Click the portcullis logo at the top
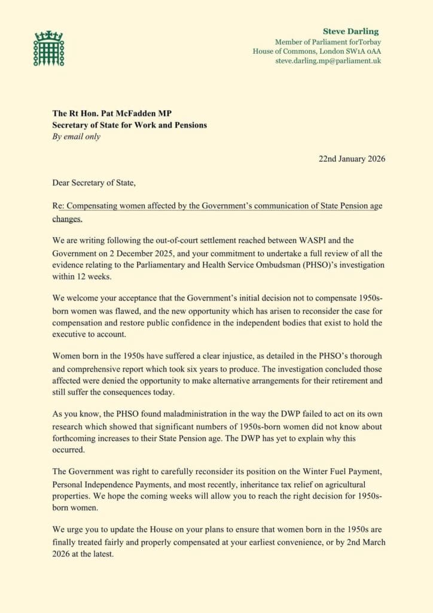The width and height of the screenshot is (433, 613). point(48,48)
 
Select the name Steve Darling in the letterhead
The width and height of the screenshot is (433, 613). point(350,31)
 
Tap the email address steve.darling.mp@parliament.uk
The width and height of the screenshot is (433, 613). point(328,60)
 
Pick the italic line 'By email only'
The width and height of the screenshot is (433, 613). point(77,136)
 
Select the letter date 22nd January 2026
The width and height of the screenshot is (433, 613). point(351,159)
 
